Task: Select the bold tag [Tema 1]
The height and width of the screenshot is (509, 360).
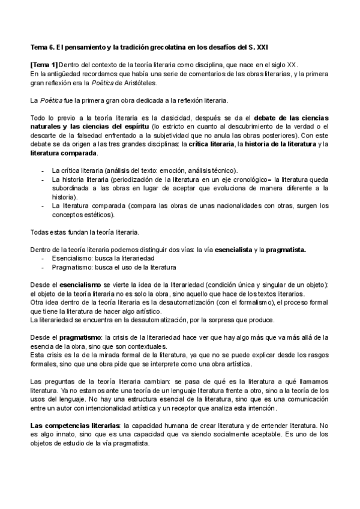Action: (x=44, y=65)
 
